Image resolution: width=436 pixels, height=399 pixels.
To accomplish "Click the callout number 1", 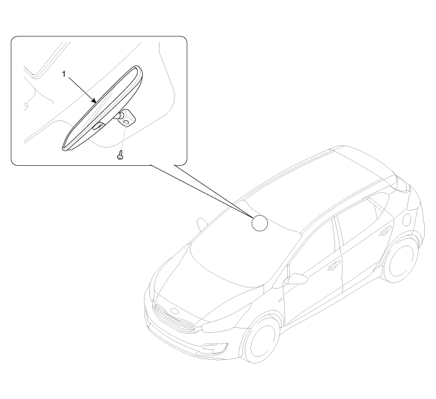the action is [64, 74].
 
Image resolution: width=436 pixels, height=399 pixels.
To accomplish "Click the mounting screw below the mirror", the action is [120, 155].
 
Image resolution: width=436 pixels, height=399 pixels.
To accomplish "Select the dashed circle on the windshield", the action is [260, 223].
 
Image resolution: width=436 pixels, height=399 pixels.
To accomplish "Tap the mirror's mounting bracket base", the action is [127, 117].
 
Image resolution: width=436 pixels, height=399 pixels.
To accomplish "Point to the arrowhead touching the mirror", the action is [95, 101].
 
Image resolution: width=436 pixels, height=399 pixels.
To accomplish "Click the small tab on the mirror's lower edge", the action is [98, 126].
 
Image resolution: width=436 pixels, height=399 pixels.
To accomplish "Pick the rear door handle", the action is [385, 229].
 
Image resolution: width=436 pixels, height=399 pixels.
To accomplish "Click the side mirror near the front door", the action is [296, 279].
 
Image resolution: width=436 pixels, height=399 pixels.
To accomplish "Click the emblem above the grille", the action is [175, 311].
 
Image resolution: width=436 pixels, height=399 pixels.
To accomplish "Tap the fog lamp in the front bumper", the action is [214, 348].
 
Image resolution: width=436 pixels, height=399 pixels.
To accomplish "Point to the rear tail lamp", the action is [404, 184].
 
